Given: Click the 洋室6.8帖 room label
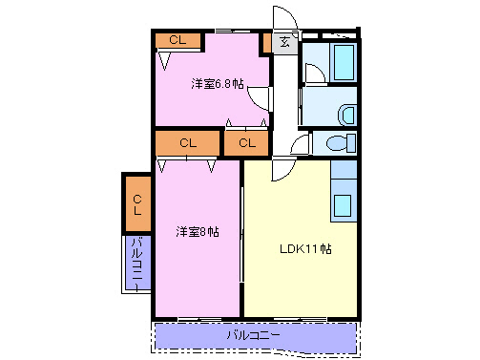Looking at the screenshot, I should pyautogui.click(x=218, y=84).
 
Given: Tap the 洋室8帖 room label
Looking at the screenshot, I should pyautogui.click(x=197, y=231).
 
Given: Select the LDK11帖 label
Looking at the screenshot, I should pyautogui.click(x=304, y=250).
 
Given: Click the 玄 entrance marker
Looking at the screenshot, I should pyautogui.click(x=285, y=42).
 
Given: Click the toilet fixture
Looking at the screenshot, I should pyautogui.click(x=335, y=144).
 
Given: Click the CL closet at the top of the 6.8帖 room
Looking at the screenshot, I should pyautogui.click(x=178, y=40).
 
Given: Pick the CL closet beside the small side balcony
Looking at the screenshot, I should pyautogui.click(x=137, y=202).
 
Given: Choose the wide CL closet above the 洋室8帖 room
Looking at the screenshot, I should pyautogui.click(x=188, y=142).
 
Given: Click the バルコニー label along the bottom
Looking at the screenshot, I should pyautogui.click(x=254, y=335).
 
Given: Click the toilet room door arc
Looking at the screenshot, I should pyautogui.click(x=299, y=145).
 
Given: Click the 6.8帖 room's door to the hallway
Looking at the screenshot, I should pyautogui.click(x=264, y=101).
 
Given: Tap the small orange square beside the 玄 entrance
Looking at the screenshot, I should pyautogui.click(x=266, y=42).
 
